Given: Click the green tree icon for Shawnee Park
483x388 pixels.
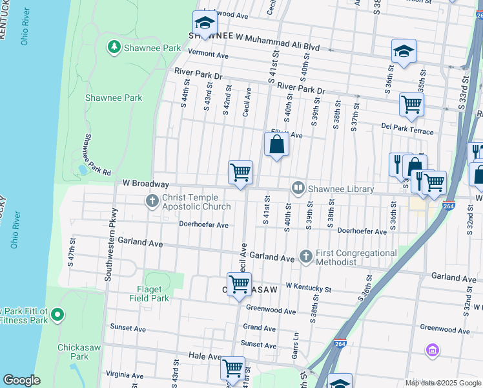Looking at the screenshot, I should [114, 47].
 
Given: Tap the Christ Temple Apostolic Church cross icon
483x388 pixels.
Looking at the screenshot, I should [152, 201].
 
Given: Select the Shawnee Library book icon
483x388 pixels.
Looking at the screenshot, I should [298, 189].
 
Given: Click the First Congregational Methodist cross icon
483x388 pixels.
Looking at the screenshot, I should [306, 257].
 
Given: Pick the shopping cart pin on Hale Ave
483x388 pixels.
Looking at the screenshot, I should [232, 368].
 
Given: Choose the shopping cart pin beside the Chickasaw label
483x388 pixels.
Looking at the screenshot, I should [239, 284].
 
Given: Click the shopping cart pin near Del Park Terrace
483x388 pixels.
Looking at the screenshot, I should [411, 104].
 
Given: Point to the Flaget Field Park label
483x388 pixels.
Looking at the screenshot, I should [152, 294].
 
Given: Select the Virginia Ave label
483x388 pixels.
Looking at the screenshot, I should [125, 374].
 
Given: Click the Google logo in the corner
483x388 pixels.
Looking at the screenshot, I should [21, 380].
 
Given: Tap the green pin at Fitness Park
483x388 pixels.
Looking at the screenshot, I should [57, 315].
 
